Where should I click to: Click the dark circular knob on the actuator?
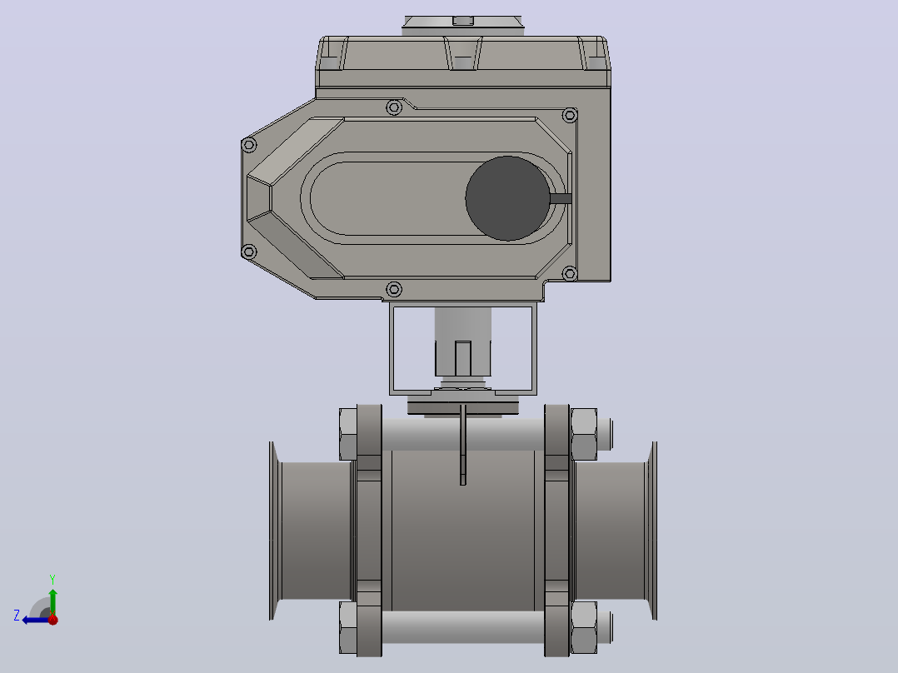tap(507, 198)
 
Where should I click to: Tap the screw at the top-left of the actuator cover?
tap(394, 107)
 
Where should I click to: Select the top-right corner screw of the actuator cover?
tap(570, 115)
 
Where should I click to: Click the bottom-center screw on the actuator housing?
tap(394, 289)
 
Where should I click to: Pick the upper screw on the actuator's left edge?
tap(248, 145)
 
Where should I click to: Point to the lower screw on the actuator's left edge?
tap(248, 252)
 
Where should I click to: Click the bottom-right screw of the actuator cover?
tap(570, 274)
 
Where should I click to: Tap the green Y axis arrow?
tap(52, 601)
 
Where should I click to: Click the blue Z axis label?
tap(17, 616)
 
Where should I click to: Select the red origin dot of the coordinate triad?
tap(53, 620)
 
